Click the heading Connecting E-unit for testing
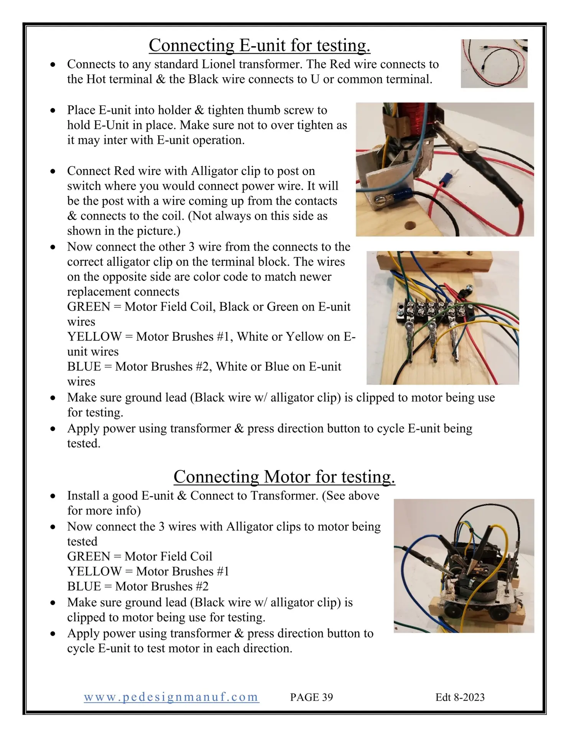[260, 45]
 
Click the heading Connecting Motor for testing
[284, 477]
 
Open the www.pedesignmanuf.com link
[171, 697]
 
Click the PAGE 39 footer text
[311, 697]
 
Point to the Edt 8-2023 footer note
[460, 697]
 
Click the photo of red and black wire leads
[494, 63]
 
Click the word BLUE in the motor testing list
[84, 586]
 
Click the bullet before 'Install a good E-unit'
[53, 496]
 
